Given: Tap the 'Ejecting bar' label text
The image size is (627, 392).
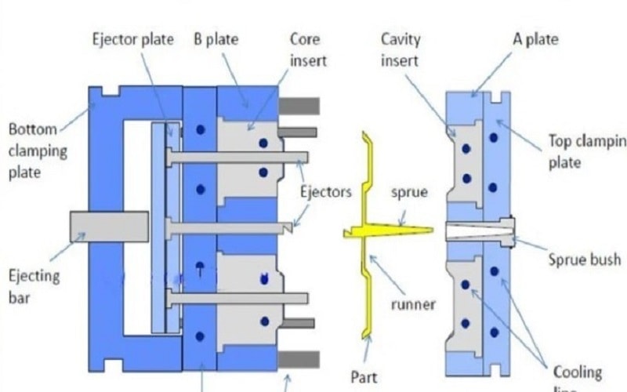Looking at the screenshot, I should click(x=33, y=285).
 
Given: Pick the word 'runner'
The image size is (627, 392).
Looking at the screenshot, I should click(x=413, y=303).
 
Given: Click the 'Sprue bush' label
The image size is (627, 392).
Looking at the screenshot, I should click(x=584, y=259).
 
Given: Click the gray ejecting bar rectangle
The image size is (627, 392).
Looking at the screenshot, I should click(x=109, y=227).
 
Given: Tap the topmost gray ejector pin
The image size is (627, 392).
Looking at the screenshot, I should click(x=235, y=158).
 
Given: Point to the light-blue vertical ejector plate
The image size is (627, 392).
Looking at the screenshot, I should click(x=160, y=227).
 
